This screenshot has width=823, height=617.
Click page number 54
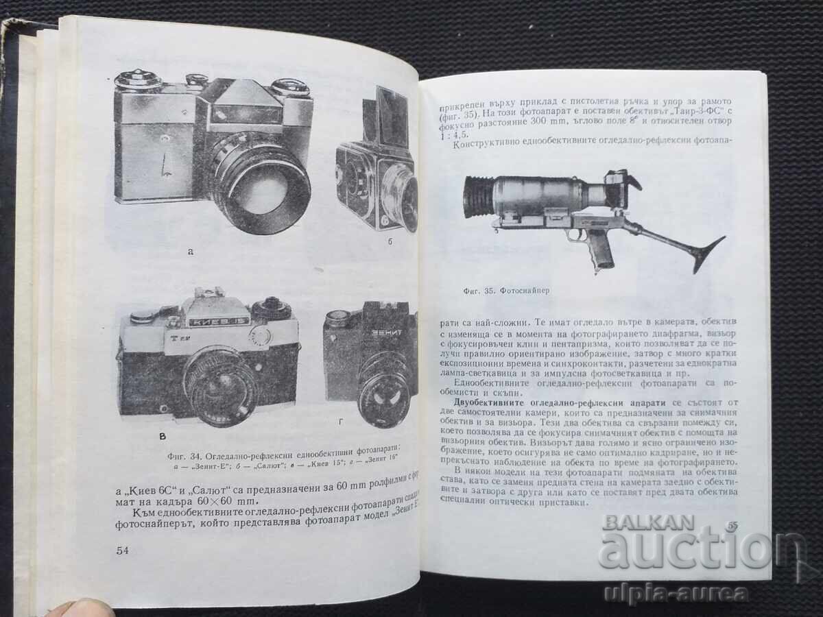tap(123, 550)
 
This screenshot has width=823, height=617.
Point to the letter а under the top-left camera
tap(191, 252)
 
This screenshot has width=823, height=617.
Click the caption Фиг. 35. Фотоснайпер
tap(506, 291)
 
